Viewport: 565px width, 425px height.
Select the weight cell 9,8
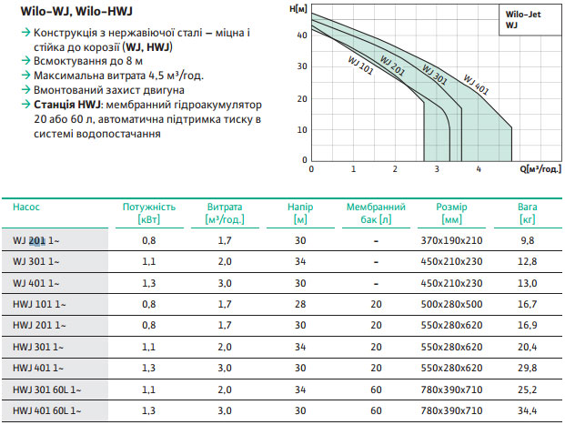(x=527, y=240)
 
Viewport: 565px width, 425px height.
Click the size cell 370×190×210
(x=451, y=240)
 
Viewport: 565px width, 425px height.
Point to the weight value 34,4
(x=527, y=411)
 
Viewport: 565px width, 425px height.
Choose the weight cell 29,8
(x=527, y=369)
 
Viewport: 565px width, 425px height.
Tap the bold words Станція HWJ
(x=65, y=105)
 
